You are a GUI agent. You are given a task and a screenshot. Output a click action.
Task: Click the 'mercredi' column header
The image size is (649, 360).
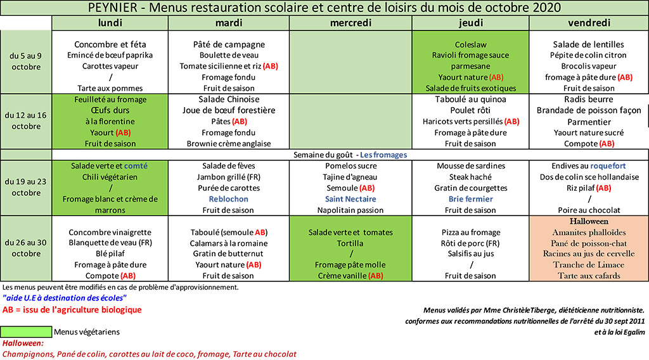coord(350,23)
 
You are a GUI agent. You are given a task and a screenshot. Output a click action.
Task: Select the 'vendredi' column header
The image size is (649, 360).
coord(589,23)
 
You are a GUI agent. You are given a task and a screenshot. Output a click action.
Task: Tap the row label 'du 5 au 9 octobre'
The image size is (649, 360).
coord(25,61)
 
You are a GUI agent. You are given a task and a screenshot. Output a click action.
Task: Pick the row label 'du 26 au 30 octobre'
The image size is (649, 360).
coord(25,248)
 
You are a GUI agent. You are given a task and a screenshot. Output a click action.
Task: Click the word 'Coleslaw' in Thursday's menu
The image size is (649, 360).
coord(471,44)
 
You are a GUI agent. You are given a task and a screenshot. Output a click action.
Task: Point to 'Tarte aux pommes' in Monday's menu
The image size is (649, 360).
coord(110,88)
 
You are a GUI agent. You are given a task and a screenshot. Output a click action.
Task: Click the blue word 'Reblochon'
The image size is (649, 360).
coord(228,199)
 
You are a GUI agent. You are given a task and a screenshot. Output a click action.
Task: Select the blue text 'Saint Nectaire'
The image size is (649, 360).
coord(350,199)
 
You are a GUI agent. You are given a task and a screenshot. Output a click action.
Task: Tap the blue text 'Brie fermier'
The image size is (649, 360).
coord(471,199)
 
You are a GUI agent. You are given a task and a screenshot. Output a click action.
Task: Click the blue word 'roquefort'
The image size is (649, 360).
coord(608,166)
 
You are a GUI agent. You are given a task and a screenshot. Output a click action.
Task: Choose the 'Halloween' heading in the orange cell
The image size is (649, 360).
coord(589,221)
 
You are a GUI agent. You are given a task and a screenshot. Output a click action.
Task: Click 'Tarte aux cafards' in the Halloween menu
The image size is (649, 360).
coord(589,276)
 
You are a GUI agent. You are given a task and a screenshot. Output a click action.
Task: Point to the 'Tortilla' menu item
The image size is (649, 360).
coord(350,243)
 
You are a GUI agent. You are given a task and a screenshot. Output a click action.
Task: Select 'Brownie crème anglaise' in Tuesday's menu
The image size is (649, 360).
coord(228,144)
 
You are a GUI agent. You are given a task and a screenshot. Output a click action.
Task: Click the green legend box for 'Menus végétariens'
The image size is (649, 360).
coord(26,332)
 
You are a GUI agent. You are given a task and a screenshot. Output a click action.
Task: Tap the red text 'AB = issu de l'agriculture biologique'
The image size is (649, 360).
coord(72,310)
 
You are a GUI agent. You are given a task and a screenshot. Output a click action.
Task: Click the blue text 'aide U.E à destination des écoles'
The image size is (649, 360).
coord(65,298)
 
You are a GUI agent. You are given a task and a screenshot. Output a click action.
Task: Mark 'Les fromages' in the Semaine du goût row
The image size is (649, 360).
coord(383,155)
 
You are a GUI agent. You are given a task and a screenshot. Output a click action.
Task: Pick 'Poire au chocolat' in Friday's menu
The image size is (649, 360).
coord(589,210)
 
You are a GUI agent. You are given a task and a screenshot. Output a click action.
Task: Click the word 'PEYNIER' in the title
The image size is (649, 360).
coord(113,8)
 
